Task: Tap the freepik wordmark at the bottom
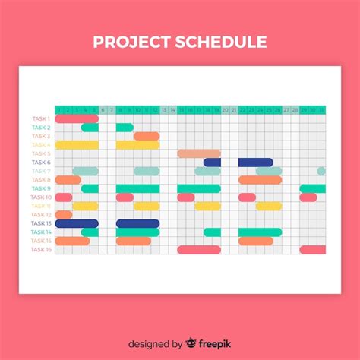217,343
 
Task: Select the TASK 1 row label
40,118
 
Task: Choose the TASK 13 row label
40,223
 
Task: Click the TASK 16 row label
40,249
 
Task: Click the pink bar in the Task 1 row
77,118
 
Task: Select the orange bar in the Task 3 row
147,136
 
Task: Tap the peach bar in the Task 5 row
199,153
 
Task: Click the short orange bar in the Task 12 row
64,215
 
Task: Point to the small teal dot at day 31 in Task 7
321,171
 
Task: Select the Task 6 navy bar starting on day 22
255,163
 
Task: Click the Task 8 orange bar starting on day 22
260,180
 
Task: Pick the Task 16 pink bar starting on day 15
199,250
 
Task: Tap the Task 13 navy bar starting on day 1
77,224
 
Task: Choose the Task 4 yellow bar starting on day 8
138,145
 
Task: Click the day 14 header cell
172,110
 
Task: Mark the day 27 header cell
286,110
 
